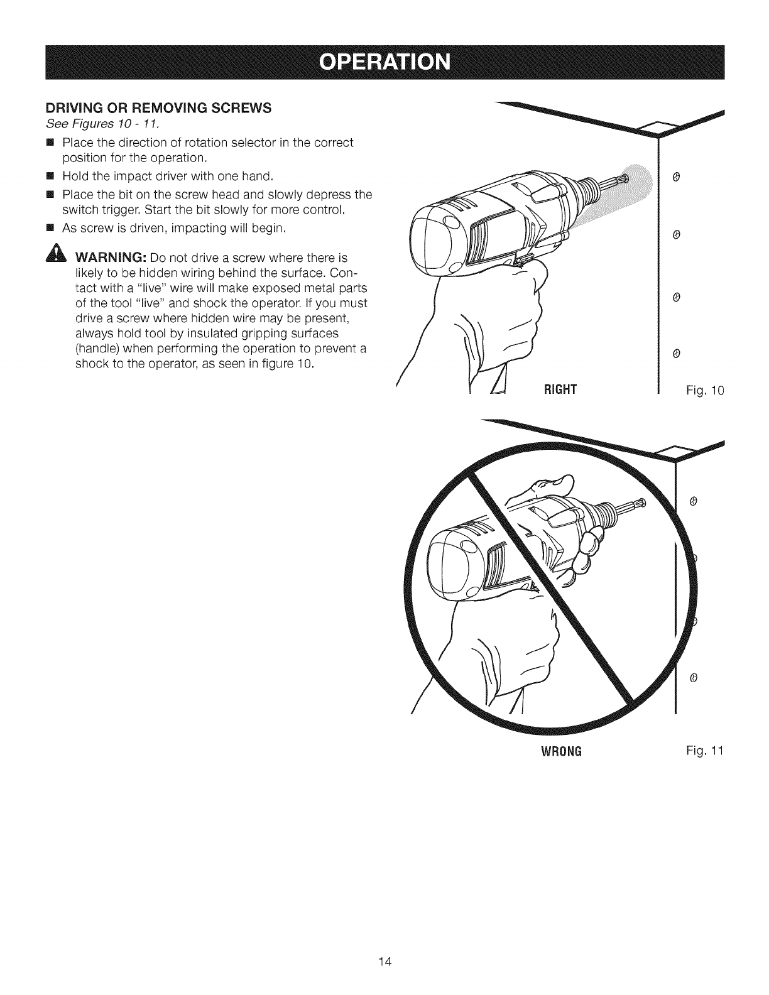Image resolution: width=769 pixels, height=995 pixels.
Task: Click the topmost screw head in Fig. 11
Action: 692,501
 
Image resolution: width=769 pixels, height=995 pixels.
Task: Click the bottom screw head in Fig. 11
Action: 692,678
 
